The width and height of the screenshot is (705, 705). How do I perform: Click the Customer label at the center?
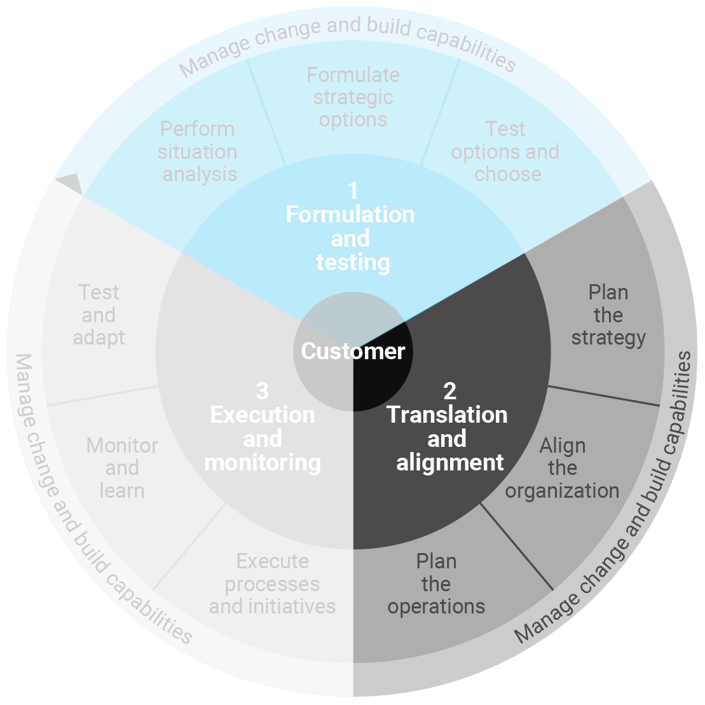pyautogui.click(x=353, y=352)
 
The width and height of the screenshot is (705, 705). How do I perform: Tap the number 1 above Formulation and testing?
pyautogui.click(x=353, y=190)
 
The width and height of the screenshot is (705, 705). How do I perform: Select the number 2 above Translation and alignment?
pyautogui.click(x=449, y=390)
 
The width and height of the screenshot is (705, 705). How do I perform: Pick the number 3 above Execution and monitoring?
pyautogui.click(x=262, y=390)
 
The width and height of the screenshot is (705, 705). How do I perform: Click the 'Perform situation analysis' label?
pyautogui.click(x=198, y=152)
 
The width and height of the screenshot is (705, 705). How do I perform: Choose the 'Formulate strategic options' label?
pyautogui.click(x=353, y=97)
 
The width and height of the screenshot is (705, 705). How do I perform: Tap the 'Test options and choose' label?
pyautogui.click(x=505, y=152)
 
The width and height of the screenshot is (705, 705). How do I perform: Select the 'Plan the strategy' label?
pyautogui.click(x=608, y=315)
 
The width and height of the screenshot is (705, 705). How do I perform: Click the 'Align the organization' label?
pyautogui.click(x=562, y=469)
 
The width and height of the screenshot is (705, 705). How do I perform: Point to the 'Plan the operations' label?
pyautogui.click(x=436, y=584)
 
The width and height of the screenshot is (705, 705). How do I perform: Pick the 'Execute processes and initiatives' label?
pyautogui.click(x=272, y=584)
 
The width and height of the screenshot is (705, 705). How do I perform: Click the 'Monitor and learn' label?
pyautogui.click(x=122, y=469)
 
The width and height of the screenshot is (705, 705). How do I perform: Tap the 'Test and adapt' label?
pyautogui.click(x=99, y=315)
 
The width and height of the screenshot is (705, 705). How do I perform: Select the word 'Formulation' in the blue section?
pyautogui.click(x=350, y=215)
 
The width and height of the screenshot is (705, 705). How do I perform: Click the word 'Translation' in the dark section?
pyautogui.click(x=448, y=415)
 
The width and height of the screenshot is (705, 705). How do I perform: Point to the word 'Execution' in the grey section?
pyautogui.click(x=263, y=415)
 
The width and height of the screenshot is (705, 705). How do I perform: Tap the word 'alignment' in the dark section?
pyautogui.click(x=450, y=463)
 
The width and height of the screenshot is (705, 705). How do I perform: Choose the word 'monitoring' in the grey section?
pyautogui.click(x=263, y=463)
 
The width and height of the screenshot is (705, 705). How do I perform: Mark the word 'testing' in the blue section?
pyautogui.click(x=353, y=263)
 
